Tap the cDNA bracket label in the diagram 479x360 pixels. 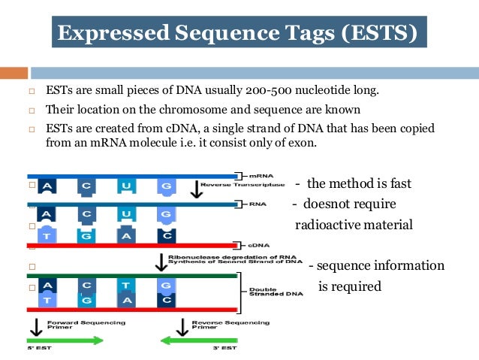tap(256, 245)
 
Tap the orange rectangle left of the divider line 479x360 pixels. tap(14, 73)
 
